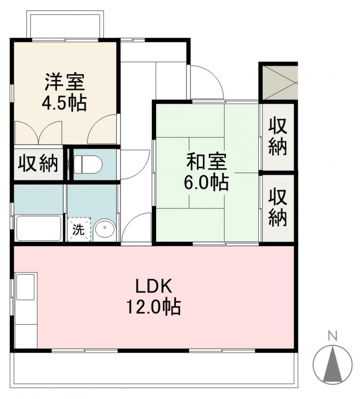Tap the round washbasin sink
[105, 230]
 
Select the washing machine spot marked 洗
[79, 230]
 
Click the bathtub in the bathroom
[38, 228]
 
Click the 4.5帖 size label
[65, 104]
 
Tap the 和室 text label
[206, 162]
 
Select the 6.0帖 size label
[207, 183]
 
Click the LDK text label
[154, 286]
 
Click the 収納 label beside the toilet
[38, 164]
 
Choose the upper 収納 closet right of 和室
[278, 136]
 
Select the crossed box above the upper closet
[278, 82]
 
